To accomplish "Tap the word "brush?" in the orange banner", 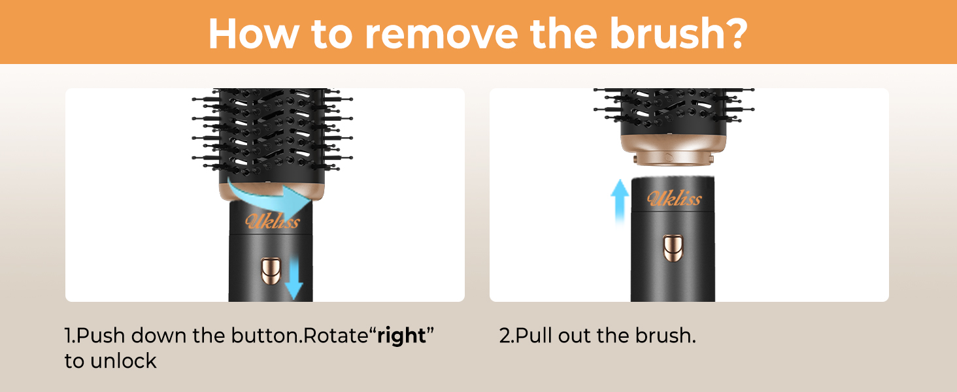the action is point(679,33).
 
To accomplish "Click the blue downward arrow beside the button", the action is point(294,277).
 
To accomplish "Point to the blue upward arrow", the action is point(620,201).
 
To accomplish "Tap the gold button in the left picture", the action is point(271,270).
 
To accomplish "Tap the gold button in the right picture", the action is point(673,248).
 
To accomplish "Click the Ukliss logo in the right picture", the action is point(674,198).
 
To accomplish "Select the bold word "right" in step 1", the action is point(401,336).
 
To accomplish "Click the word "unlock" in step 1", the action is point(124,361).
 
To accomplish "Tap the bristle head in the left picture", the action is point(272,136).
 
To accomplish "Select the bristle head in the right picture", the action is point(674,112).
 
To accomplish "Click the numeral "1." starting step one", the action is point(70,336).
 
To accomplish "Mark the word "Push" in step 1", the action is point(101,336).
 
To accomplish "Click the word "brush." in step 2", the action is point(665,336).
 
